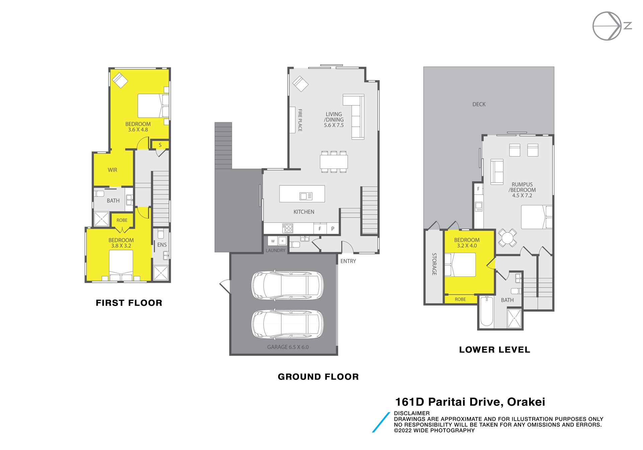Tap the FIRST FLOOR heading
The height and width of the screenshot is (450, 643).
pos(129,303)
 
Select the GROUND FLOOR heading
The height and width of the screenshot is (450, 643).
pos(318,377)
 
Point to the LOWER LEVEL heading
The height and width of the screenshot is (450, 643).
pos(495,350)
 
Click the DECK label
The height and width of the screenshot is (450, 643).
pos(479,104)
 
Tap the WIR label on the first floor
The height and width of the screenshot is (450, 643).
pos(113,170)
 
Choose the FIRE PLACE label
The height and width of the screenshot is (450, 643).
pos(300,120)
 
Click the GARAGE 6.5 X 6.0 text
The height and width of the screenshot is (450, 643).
pos(288,347)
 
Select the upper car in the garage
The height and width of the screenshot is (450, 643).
pos(288,285)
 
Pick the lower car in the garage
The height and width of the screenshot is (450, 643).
pos(288,324)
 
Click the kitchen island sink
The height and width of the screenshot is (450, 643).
pos(306,196)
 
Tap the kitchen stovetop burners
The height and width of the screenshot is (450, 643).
pos(288,228)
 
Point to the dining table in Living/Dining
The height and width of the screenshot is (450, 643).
pos(334,162)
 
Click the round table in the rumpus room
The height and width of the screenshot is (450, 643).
pos(507,238)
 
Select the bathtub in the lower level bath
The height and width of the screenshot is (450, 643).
pos(487,311)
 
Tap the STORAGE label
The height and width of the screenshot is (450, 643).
pos(434,264)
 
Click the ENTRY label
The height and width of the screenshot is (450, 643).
pos(348,261)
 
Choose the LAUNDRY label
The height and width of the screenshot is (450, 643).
pos(275,250)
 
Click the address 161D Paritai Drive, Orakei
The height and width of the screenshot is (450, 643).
pos(470,402)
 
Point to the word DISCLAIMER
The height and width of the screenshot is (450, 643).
pos(412,413)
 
